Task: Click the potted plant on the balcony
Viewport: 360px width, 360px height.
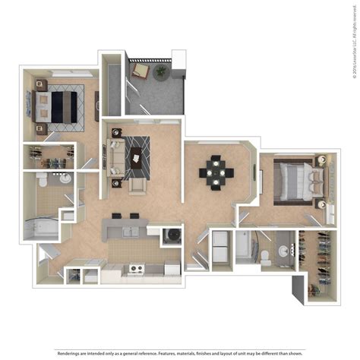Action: click(x=161, y=71)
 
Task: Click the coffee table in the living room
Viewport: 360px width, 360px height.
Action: click(x=137, y=156)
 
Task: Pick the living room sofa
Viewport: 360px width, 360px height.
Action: click(x=117, y=157)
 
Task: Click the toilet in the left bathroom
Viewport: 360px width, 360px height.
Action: click(x=43, y=182)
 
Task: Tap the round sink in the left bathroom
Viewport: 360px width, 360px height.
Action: click(x=65, y=178)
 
